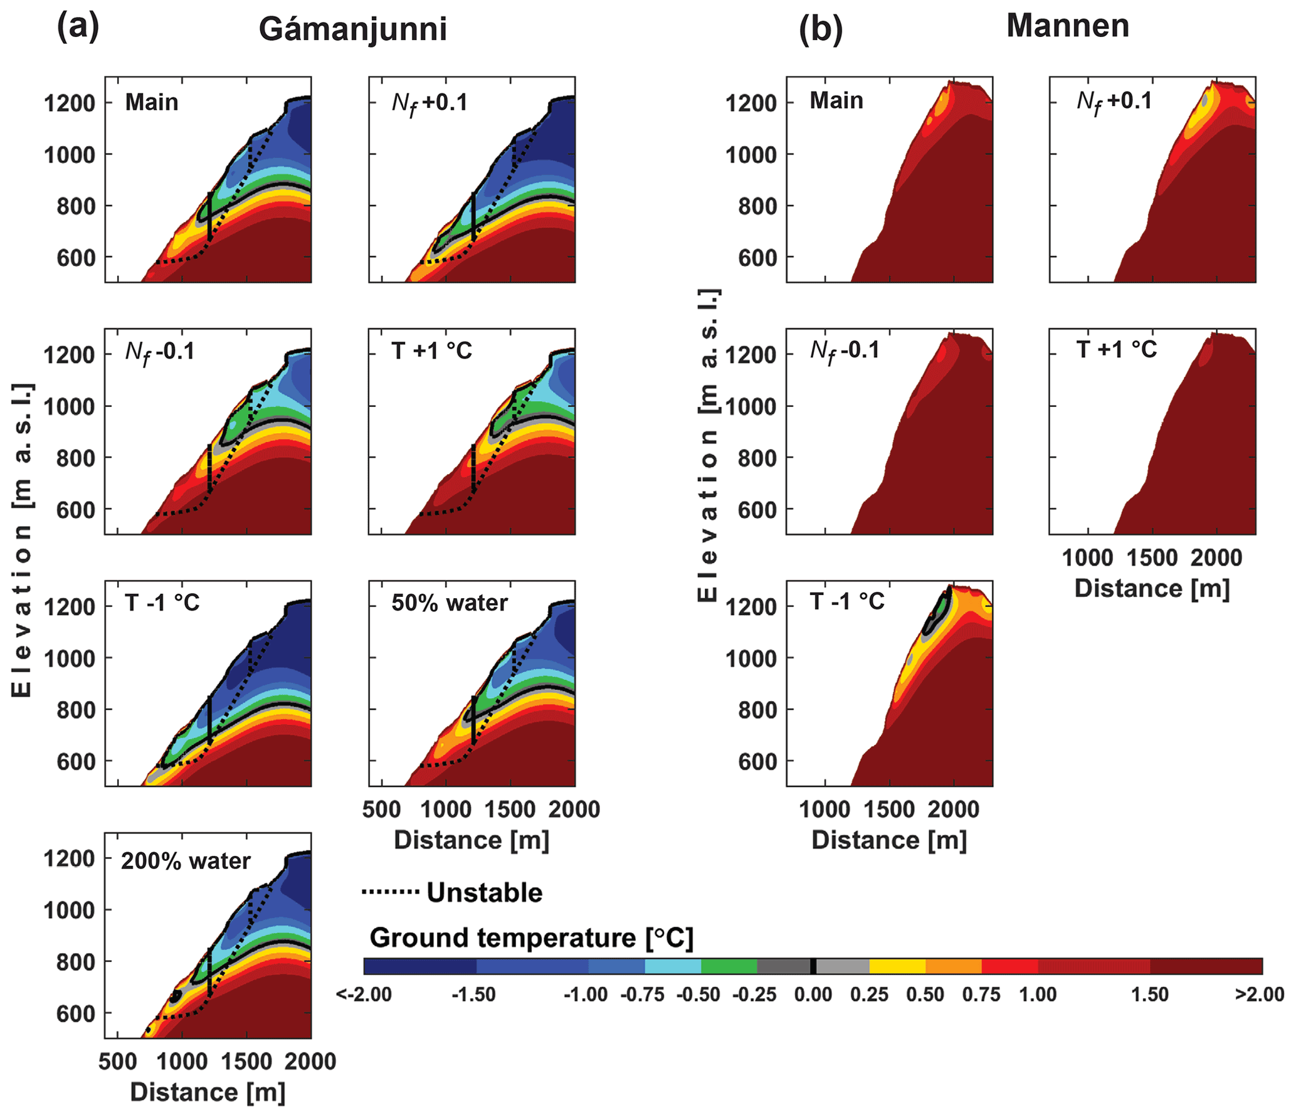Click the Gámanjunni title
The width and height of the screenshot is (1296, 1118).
pyautogui.click(x=352, y=29)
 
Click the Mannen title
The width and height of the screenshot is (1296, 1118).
pyautogui.click(x=1067, y=26)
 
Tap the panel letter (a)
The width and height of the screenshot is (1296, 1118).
pyautogui.click(x=78, y=28)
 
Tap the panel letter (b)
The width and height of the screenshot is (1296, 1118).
pyautogui.click(x=820, y=29)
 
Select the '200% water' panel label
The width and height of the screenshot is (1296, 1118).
pyautogui.click(x=186, y=861)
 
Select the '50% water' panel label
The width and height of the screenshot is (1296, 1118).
pyautogui.click(x=450, y=603)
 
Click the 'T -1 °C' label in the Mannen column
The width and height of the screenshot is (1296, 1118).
pyautogui.click(x=847, y=601)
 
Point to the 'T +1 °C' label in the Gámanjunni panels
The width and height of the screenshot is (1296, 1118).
pyautogui.click(x=431, y=351)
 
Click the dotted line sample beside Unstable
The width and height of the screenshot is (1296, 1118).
pyautogui.click(x=390, y=892)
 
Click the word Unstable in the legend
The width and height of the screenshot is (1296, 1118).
pyautogui.click(x=484, y=893)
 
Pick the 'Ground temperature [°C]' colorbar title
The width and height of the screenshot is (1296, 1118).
pyautogui.click(x=531, y=938)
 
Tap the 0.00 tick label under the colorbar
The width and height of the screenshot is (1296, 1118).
pyautogui.click(x=813, y=994)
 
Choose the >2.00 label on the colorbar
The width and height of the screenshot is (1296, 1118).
pyautogui.click(x=1259, y=994)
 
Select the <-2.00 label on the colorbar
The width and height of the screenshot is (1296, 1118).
pyautogui.click(x=364, y=994)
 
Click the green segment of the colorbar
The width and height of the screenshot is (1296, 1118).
pyautogui.click(x=729, y=966)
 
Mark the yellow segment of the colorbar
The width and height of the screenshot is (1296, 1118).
pyautogui.click(x=897, y=966)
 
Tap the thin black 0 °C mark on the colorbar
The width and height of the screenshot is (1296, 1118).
pyautogui.click(x=813, y=966)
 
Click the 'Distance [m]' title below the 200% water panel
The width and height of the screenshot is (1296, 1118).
pyautogui.click(x=208, y=1092)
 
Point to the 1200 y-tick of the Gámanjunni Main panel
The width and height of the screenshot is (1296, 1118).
pyautogui.click(x=69, y=103)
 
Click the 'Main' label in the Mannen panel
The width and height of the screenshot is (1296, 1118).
pyautogui.click(x=836, y=100)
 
